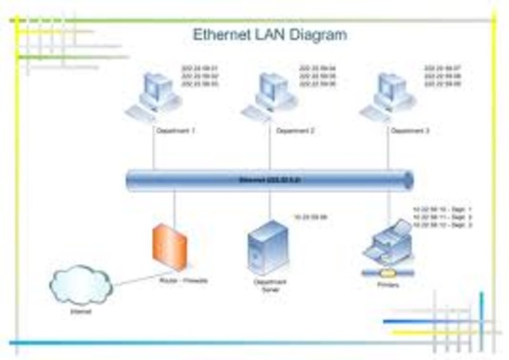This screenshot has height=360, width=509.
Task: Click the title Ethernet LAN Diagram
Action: pyautogui.click(x=270, y=35)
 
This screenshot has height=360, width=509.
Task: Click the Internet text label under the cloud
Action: pyautogui.click(x=80, y=312)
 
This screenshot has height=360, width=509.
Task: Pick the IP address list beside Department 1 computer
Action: pyautogui.click(x=200, y=75)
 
